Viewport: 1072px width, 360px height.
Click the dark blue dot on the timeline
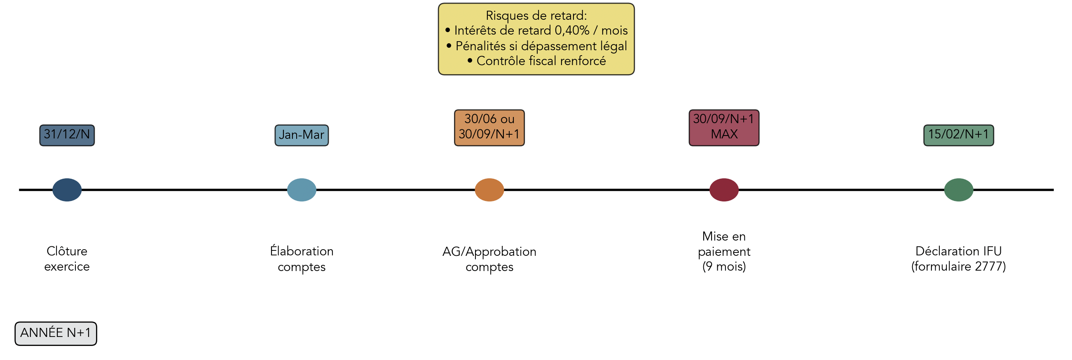[67, 190]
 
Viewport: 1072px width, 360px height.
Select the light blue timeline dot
[302, 190]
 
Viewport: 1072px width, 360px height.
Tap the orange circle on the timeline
[489, 190]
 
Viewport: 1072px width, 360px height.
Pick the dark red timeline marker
[724, 190]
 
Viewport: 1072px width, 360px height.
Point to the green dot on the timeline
[959, 190]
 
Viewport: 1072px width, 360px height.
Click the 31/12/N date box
[67, 135]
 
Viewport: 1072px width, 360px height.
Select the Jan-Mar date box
[302, 135]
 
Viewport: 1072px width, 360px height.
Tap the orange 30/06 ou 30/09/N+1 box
[489, 127]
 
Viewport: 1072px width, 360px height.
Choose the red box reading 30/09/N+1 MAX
[724, 127]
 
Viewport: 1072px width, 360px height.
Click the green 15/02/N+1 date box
[959, 135]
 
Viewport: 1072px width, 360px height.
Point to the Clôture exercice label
[67, 259]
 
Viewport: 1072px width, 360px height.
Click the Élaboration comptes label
[302, 259]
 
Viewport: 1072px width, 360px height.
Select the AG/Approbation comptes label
[489, 259]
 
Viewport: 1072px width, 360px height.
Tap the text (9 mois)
[724, 266]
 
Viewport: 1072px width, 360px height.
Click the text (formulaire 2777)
[959, 266]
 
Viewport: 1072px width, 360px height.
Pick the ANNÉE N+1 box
[56, 333]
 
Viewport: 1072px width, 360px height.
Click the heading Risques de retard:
[536, 16]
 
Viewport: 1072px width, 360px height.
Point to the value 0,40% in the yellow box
[572, 31]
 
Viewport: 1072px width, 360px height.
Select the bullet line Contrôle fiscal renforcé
[541, 61]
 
